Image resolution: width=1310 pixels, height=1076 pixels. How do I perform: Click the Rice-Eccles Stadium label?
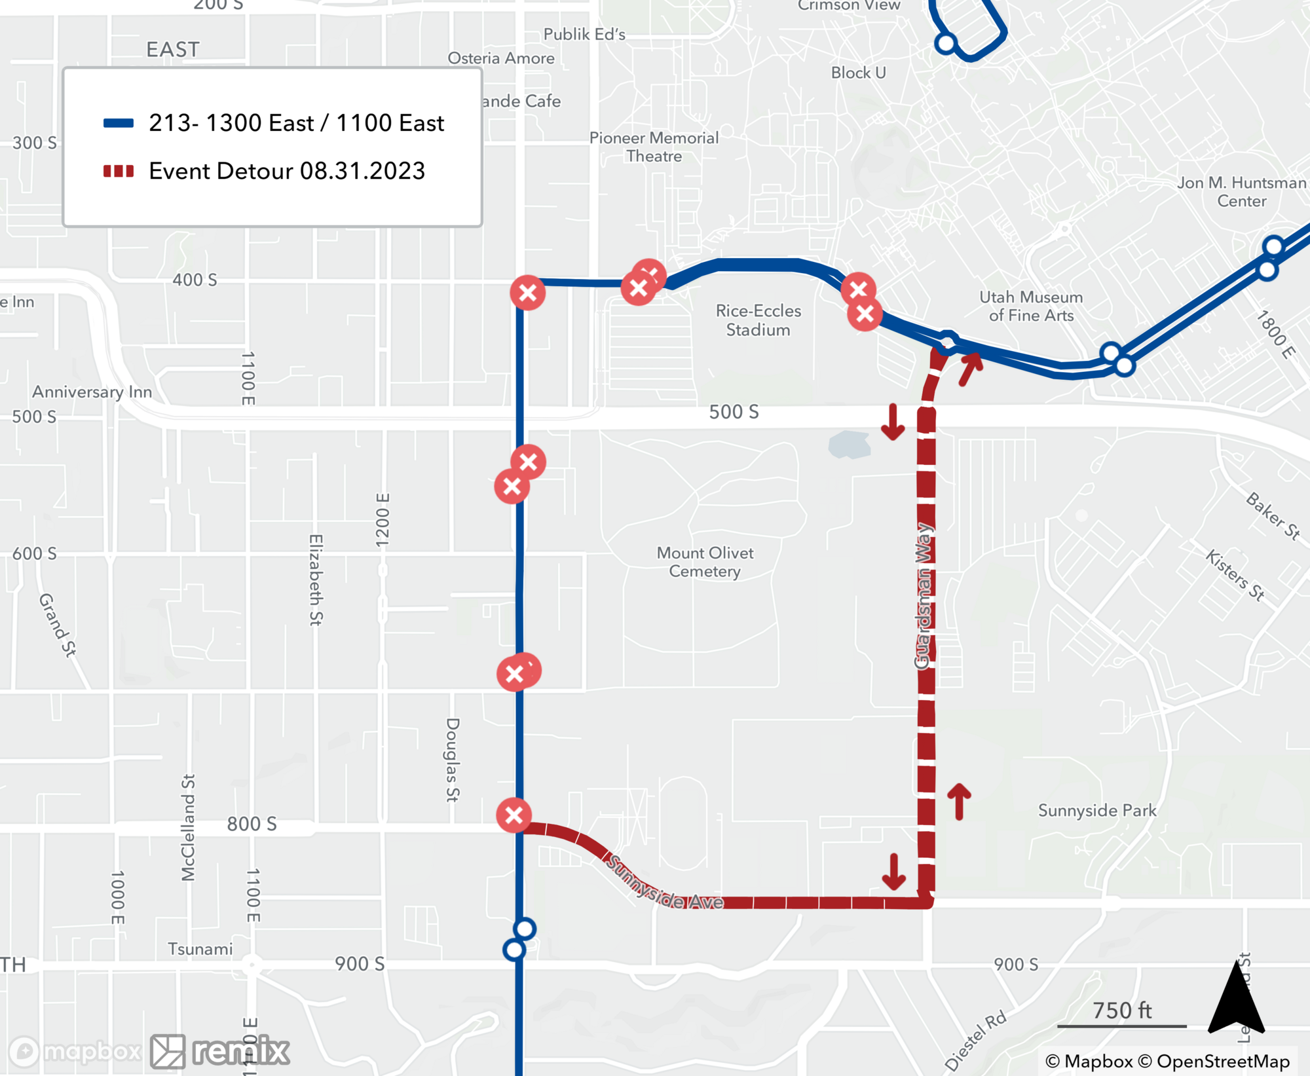pos(758,320)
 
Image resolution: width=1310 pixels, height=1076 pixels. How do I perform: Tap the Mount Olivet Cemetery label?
pos(705,562)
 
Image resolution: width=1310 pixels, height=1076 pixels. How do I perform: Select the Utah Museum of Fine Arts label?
pos(1031,306)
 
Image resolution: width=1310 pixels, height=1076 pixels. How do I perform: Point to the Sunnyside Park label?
pos(1097,810)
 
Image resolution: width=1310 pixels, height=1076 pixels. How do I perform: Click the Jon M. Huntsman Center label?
pos(1241,191)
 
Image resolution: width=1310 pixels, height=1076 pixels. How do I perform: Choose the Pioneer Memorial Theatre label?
pos(654,147)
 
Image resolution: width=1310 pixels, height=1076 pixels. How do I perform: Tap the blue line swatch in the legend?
pos(119,123)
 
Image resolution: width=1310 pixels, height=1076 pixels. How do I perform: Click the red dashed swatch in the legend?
pos(119,172)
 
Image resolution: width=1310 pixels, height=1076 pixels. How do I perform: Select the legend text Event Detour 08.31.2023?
pos(287,171)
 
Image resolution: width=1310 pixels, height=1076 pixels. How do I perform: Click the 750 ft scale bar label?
pos(1121,1011)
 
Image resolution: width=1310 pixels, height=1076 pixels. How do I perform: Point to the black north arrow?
pos(1236,999)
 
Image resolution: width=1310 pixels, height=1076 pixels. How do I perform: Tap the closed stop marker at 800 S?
pos(514,815)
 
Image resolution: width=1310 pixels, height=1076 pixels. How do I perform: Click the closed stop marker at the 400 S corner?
pos(528,293)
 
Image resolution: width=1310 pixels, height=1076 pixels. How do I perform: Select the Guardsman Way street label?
pos(923,596)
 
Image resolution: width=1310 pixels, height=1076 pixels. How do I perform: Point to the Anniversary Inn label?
pos(92,392)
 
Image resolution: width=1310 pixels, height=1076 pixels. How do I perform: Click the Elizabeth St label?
pos(316,580)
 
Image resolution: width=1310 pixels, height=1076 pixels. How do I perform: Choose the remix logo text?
pos(241,1052)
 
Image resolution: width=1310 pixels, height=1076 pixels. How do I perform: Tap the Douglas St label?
pos(452,760)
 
